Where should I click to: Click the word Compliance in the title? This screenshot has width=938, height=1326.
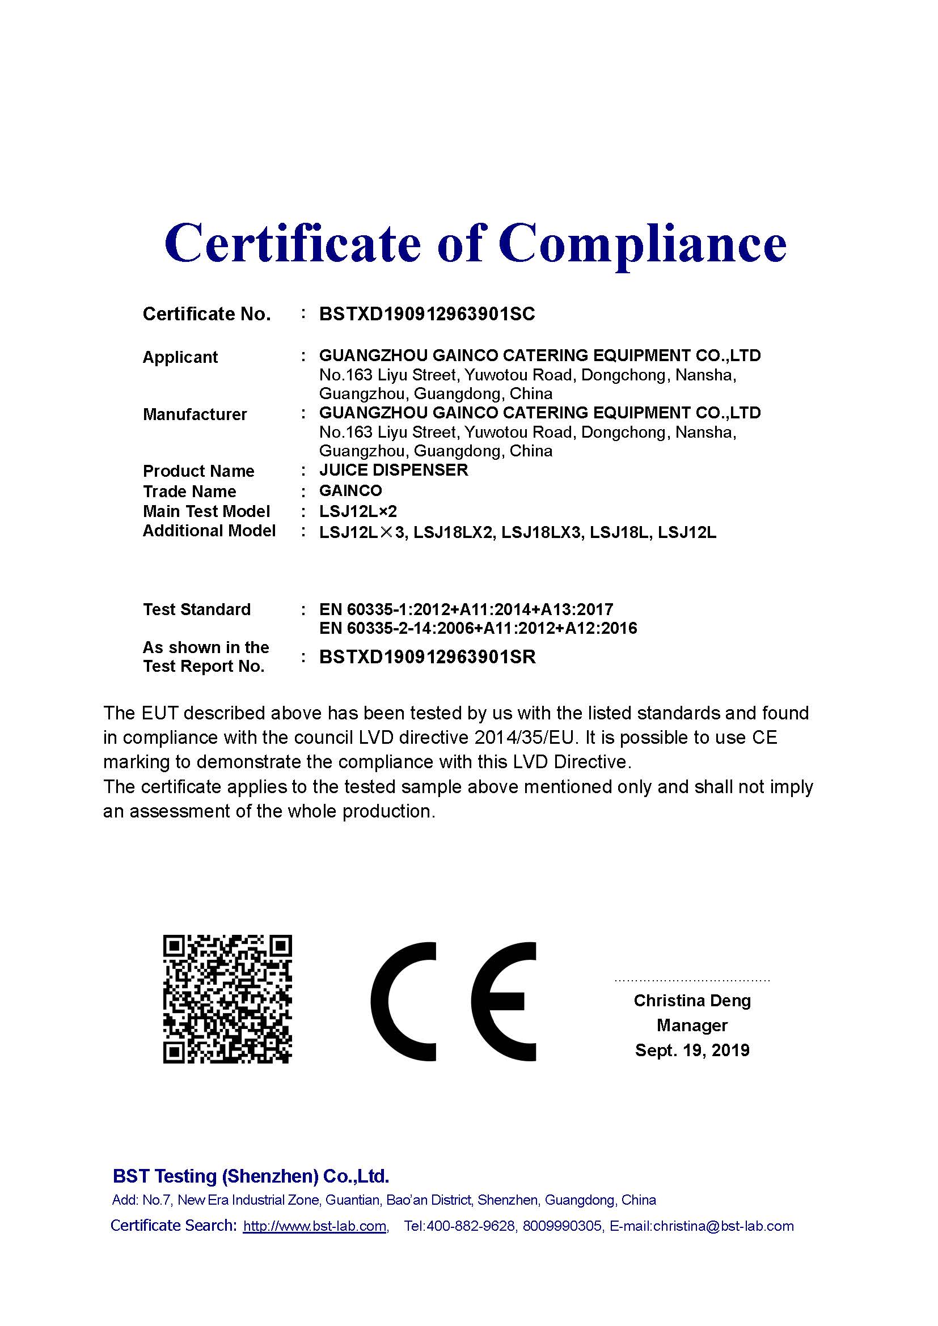click(643, 244)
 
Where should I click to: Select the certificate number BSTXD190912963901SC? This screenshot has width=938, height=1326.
click(427, 314)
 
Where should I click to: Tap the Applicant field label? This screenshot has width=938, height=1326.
click(180, 357)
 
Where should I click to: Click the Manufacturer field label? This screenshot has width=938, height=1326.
click(195, 414)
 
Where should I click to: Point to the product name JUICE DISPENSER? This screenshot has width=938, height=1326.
click(394, 469)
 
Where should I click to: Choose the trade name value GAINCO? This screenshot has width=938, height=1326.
click(350, 490)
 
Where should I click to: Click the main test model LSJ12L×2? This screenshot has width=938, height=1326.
click(358, 511)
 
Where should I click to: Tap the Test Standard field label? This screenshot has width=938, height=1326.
click(196, 609)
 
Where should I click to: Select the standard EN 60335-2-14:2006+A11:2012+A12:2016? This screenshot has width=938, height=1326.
click(478, 628)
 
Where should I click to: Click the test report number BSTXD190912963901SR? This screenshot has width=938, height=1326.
click(428, 656)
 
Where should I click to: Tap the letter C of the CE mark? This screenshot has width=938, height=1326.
click(403, 1001)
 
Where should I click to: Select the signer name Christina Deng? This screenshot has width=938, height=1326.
click(692, 1000)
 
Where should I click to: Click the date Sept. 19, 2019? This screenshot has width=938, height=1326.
click(692, 1050)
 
